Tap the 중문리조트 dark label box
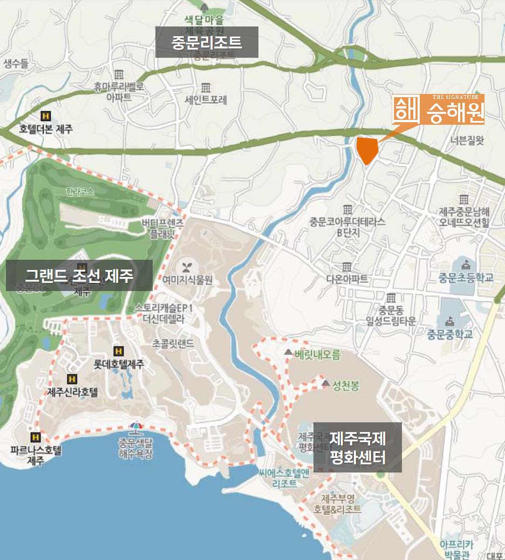tap(207, 42)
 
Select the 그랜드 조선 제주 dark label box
tap(79, 275)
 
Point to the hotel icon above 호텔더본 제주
tap(46, 116)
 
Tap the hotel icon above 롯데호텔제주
tap(118, 351)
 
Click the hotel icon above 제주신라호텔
tap(71, 379)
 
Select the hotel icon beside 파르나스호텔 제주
tap(36, 437)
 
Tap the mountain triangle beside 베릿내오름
tap(288, 353)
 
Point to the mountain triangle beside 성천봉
tap(325, 383)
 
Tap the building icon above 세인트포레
tap(206, 87)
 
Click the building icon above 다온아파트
tap(347, 267)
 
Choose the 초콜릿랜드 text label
tap(173, 342)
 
